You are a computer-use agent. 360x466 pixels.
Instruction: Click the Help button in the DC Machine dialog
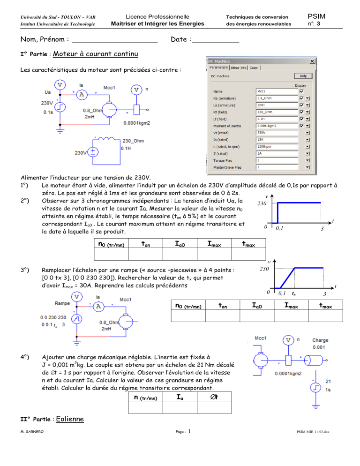point(303,76)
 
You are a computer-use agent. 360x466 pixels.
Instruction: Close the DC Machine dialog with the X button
point(312,61)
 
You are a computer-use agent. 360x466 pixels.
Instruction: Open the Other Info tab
point(239,68)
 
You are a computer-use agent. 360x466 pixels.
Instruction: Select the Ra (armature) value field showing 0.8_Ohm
point(277,98)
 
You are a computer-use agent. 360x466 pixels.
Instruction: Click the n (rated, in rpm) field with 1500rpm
point(277,147)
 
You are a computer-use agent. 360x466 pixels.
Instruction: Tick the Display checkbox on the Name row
point(302,91)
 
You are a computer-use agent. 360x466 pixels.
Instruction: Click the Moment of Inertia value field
point(277,126)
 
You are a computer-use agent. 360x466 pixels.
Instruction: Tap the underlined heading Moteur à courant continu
point(96,54)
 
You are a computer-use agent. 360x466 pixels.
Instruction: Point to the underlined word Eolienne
point(70,419)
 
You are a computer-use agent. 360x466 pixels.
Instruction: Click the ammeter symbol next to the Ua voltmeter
point(82,95)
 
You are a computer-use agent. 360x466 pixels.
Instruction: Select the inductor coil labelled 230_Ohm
point(106,139)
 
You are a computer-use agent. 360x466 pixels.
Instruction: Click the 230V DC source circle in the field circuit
point(93,152)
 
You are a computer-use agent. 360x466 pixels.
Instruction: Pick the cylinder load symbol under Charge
point(314,360)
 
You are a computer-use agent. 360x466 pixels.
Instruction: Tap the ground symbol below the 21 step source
point(316,406)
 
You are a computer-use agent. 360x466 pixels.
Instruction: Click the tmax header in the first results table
point(248,244)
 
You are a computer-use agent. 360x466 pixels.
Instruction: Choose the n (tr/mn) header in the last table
point(145,398)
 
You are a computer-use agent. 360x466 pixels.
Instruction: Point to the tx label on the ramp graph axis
point(294,293)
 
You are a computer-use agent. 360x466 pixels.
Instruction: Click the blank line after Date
point(216,43)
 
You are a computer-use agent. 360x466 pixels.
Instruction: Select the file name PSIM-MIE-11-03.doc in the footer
point(313,431)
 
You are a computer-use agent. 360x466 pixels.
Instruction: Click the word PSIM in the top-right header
point(316,16)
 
